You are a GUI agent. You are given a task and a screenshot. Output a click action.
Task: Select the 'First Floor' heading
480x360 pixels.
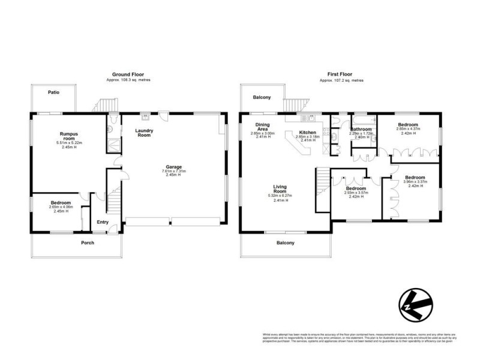(x=341, y=75)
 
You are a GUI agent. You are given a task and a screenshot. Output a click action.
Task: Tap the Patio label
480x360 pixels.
(x=53, y=92)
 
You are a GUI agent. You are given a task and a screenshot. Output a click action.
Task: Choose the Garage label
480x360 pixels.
(x=174, y=167)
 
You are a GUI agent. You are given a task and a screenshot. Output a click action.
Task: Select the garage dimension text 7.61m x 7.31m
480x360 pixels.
(x=174, y=172)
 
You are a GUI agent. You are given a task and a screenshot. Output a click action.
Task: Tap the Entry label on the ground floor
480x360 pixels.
(x=103, y=222)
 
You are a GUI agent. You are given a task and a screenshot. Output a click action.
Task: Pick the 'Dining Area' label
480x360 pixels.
(x=262, y=127)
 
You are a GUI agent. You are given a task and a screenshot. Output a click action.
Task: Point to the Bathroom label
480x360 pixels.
(x=361, y=129)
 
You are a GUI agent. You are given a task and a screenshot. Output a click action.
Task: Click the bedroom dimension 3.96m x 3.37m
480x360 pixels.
(x=415, y=182)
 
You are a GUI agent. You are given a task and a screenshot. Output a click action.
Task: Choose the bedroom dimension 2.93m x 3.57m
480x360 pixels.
(x=356, y=193)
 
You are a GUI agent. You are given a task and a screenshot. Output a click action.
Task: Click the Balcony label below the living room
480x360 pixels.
(x=286, y=243)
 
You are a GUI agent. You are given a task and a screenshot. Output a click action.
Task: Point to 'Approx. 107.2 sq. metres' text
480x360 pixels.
(x=341, y=80)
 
